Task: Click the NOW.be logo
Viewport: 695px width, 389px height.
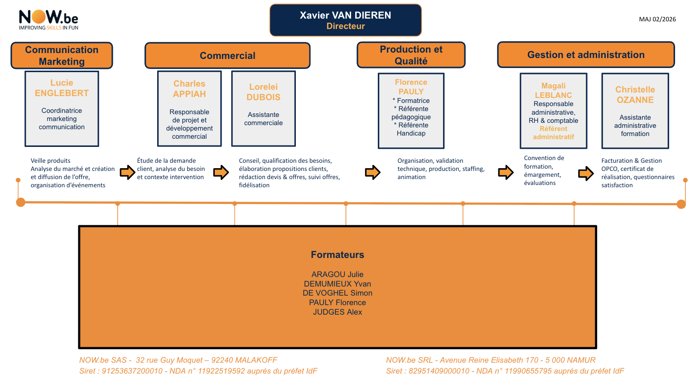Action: click(48, 20)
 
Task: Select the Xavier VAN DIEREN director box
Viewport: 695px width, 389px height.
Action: click(345, 20)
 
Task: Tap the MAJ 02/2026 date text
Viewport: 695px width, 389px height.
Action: click(657, 19)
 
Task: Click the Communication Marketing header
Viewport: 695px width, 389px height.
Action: click(62, 55)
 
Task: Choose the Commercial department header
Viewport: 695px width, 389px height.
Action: click(227, 55)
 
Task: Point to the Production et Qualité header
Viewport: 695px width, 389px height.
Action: click(411, 55)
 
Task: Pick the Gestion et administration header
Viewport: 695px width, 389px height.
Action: click(585, 55)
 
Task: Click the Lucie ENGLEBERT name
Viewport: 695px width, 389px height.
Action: click(62, 88)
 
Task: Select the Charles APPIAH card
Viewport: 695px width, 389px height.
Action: click(189, 109)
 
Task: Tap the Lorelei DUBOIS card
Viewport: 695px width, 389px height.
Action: click(263, 109)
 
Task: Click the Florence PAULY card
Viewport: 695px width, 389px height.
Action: click(411, 111)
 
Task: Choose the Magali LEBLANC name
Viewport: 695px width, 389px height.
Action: click(553, 90)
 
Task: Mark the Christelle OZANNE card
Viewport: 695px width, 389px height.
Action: click(635, 111)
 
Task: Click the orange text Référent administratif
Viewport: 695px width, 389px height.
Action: click(553, 133)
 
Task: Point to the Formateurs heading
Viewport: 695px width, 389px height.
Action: click(338, 255)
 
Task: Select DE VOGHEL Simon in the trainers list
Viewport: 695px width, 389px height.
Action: click(338, 293)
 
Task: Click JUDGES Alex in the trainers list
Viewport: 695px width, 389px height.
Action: click(338, 312)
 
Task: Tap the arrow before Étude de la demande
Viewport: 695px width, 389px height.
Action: click(127, 172)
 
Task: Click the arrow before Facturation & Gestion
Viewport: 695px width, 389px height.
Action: click(586, 173)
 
